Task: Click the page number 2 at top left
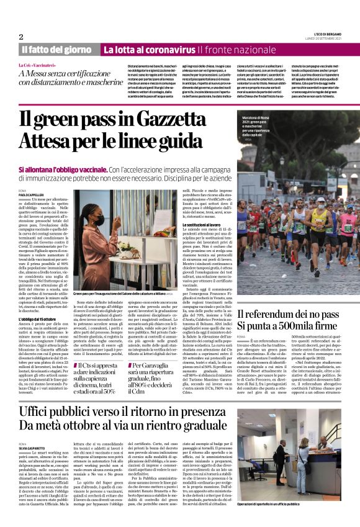(x=21, y=36)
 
